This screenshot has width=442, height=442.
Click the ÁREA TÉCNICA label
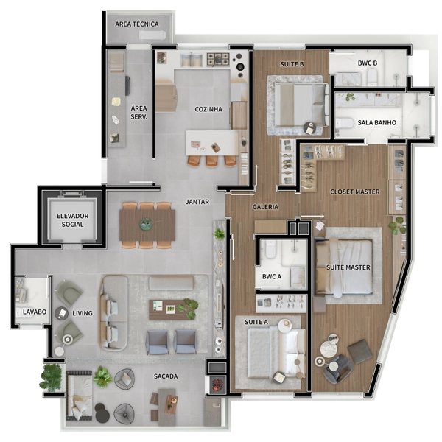click(137, 24)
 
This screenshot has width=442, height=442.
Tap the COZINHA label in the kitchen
click(208, 109)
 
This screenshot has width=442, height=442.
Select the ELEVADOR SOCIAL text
click(73, 220)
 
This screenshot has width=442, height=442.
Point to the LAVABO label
click(35, 312)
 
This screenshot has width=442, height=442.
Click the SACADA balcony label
click(166, 376)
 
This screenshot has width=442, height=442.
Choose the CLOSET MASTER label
click(355, 192)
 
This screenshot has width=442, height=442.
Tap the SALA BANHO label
click(377, 122)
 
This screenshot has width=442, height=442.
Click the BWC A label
click(272, 276)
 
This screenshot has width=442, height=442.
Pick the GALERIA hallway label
click(265, 207)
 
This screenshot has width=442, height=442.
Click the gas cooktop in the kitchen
click(218, 59)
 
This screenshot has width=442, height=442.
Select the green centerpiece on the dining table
click(146, 224)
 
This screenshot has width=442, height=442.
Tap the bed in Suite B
click(301, 105)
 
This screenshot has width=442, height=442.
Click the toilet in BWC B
click(372, 77)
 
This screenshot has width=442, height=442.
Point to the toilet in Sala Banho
click(344, 124)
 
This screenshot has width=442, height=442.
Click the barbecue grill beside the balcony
click(217, 384)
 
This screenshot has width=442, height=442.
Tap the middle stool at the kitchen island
click(211, 161)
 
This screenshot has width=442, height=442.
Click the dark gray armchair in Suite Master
click(337, 368)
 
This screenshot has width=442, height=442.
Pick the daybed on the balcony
click(80, 395)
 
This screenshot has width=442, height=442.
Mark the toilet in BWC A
click(270, 250)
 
